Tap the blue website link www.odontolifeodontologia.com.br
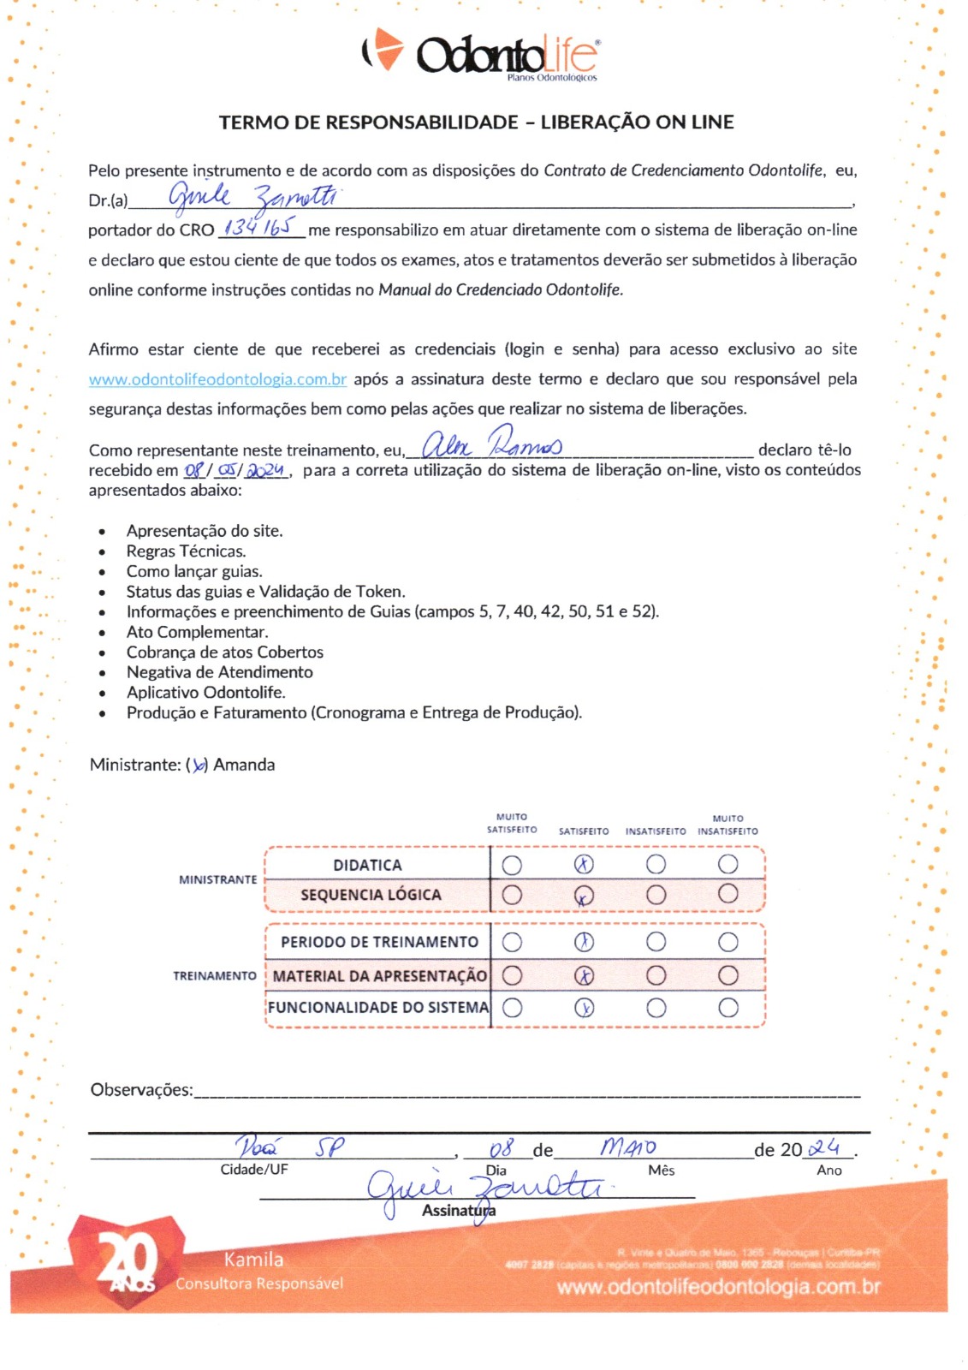coord(217,379)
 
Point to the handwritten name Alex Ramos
coord(492,444)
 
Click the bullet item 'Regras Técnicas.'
coord(186,551)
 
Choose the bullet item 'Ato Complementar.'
coord(197,632)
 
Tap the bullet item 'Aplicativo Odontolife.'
coord(205,693)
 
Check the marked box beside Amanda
coord(199,765)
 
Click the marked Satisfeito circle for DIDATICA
coord(584,865)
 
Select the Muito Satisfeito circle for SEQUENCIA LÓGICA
coord(512,895)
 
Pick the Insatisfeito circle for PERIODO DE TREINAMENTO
coord(656,942)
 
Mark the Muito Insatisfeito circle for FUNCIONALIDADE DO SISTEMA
coord(728,1007)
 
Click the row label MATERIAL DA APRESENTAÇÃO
coord(379,976)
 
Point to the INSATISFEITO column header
coord(656,831)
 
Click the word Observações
coord(141,1090)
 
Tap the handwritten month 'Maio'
coord(628,1147)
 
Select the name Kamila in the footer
coord(253,1260)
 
